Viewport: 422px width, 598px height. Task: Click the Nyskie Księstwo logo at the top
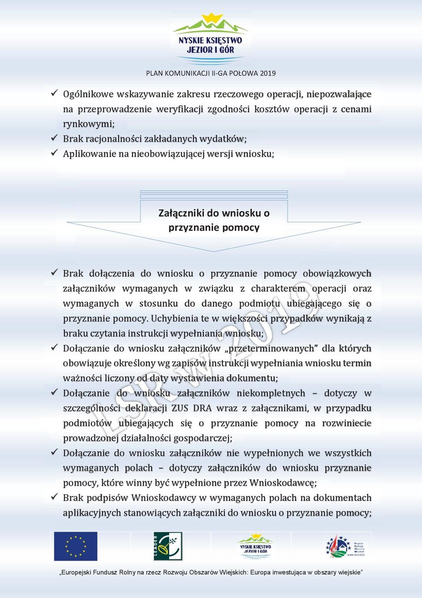pyautogui.click(x=211, y=38)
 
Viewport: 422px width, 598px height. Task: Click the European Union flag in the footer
pyautogui.click(x=76, y=546)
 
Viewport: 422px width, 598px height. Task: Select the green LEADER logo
pyautogui.click(x=168, y=546)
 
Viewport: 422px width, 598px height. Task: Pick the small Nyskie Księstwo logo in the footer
pyautogui.click(x=255, y=546)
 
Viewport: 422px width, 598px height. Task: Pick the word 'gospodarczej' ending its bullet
pyautogui.click(x=202, y=438)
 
